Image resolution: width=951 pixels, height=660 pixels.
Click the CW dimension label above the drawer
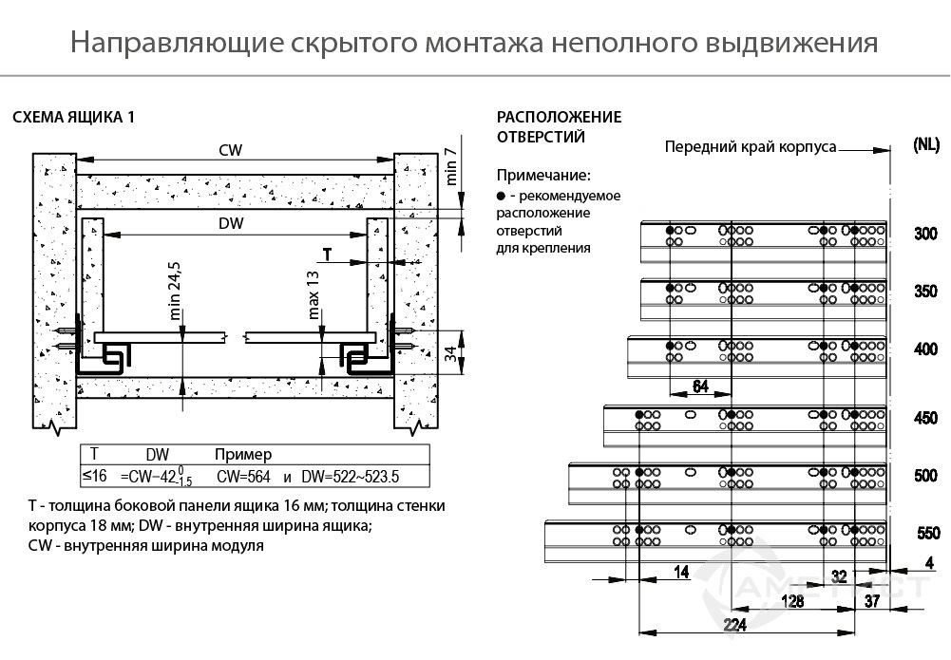tap(230, 150)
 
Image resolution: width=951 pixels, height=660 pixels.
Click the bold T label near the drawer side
tap(328, 255)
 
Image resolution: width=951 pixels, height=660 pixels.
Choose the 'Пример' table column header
tap(243, 454)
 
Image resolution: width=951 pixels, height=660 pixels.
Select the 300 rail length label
tap(925, 234)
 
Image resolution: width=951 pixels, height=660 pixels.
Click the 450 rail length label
tap(925, 418)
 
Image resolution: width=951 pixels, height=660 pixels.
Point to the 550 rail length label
tap(928, 534)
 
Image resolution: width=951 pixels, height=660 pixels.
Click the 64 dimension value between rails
tap(700, 385)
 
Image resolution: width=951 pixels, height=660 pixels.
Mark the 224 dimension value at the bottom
tap(734, 624)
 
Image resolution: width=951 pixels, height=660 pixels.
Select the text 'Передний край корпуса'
tap(750, 147)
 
